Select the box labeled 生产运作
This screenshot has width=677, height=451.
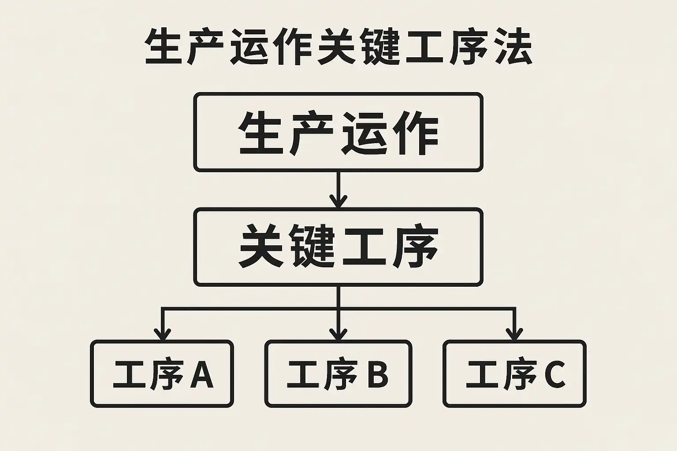(x=338, y=132)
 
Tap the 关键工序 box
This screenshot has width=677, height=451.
(x=338, y=247)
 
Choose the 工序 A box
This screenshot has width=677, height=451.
(x=162, y=373)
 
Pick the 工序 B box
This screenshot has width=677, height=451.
(x=338, y=373)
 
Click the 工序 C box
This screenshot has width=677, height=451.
(x=514, y=373)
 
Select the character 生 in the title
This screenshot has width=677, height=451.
(x=164, y=47)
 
